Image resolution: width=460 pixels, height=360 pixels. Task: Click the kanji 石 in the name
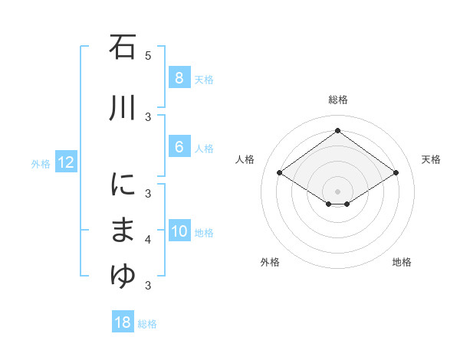tap(123, 47)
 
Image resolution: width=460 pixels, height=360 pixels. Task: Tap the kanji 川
tap(123, 109)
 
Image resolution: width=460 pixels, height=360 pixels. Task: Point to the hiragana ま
tap(123, 231)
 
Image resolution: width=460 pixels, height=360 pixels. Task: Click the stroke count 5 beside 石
tap(148, 55)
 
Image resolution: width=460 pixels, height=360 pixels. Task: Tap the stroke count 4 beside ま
tap(148, 240)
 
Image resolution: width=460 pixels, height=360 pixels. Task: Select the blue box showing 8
tap(179, 77)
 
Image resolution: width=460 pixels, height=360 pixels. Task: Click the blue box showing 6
tap(179, 147)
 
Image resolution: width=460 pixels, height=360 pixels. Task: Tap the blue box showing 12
tap(65, 162)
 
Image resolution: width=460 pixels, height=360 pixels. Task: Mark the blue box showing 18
tap(123, 322)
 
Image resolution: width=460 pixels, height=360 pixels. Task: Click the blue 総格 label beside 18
tap(147, 324)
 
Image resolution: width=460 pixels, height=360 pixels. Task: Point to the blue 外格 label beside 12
tap(41, 163)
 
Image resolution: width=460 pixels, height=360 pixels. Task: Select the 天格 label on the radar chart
tap(432, 159)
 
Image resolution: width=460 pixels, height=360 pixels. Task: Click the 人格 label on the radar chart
tap(245, 159)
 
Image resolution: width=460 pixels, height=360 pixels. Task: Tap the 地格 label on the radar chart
tap(402, 262)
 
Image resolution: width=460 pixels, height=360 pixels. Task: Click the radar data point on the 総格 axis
tap(337, 131)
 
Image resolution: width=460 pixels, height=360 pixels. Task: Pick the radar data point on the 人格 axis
tap(279, 173)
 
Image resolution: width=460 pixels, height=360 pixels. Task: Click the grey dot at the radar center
tap(337, 191)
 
